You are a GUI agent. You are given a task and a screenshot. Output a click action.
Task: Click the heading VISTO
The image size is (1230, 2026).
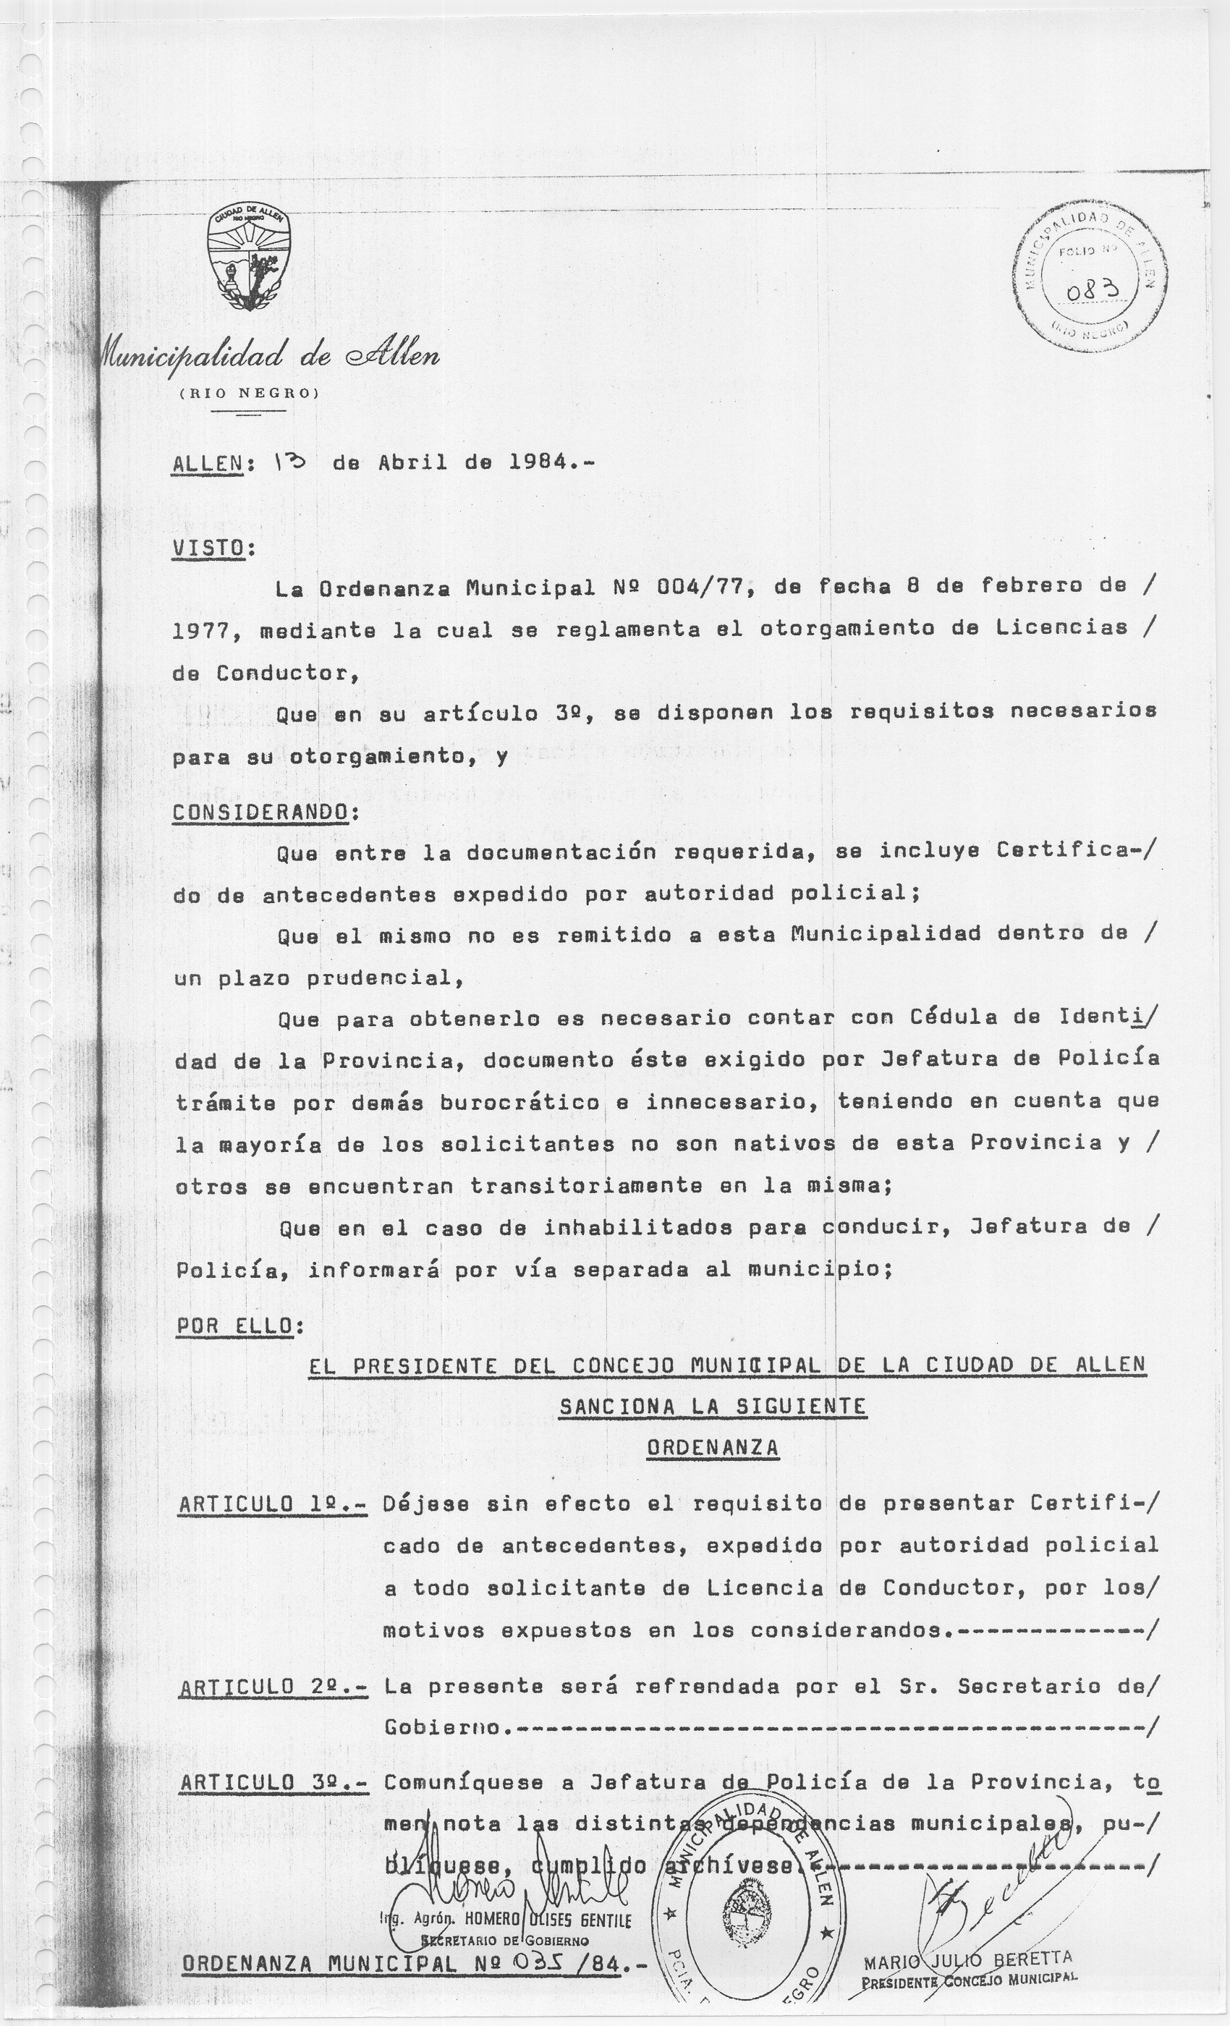pos(208,548)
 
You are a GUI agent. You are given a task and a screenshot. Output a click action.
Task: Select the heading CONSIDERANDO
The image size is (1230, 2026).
pos(260,812)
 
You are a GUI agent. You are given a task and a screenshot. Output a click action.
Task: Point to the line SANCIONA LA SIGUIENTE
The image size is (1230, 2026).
pos(712,1406)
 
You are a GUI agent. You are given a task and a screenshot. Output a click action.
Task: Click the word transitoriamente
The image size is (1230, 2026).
pos(584,1187)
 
